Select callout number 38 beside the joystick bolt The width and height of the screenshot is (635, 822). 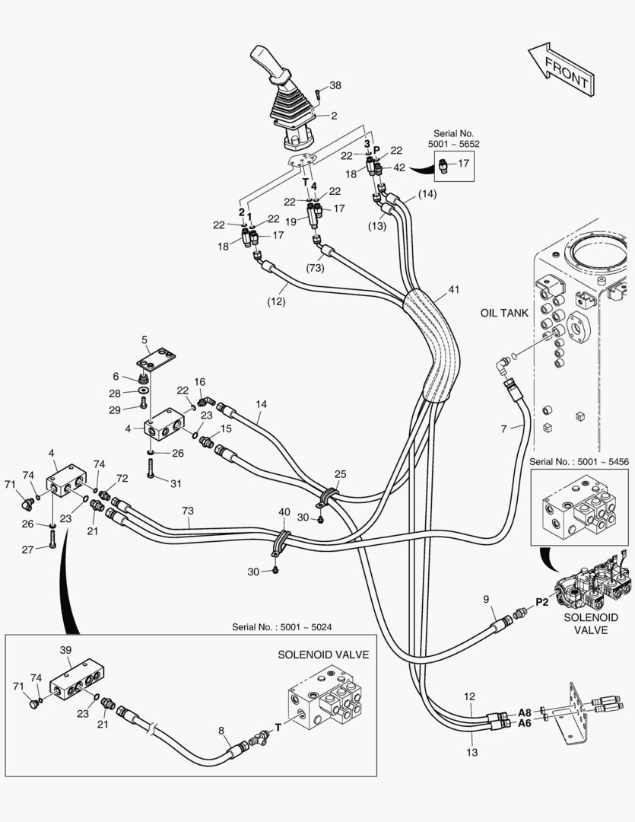pyautogui.click(x=335, y=85)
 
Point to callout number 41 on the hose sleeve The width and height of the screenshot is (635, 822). pyautogui.click(x=454, y=290)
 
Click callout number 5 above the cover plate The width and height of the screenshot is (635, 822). pyautogui.click(x=144, y=339)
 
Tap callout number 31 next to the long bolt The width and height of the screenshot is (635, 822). pyautogui.click(x=176, y=483)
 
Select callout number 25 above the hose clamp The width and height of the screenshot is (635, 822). pyautogui.click(x=340, y=474)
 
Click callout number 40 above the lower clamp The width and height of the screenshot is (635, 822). pyautogui.click(x=284, y=512)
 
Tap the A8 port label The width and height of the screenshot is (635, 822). pyautogui.click(x=525, y=712)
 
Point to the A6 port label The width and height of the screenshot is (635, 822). pyautogui.click(x=525, y=724)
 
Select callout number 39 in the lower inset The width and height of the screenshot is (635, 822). pyautogui.click(x=65, y=650)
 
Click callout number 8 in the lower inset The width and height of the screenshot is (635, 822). pyautogui.click(x=221, y=731)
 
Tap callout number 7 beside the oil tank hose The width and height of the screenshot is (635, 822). pyautogui.click(x=503, y=429)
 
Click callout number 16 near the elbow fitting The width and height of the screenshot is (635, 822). pyautogui.click(x=200, y=382)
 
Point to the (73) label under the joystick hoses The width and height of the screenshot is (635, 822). pyautogui.click(x=316, y=268)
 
